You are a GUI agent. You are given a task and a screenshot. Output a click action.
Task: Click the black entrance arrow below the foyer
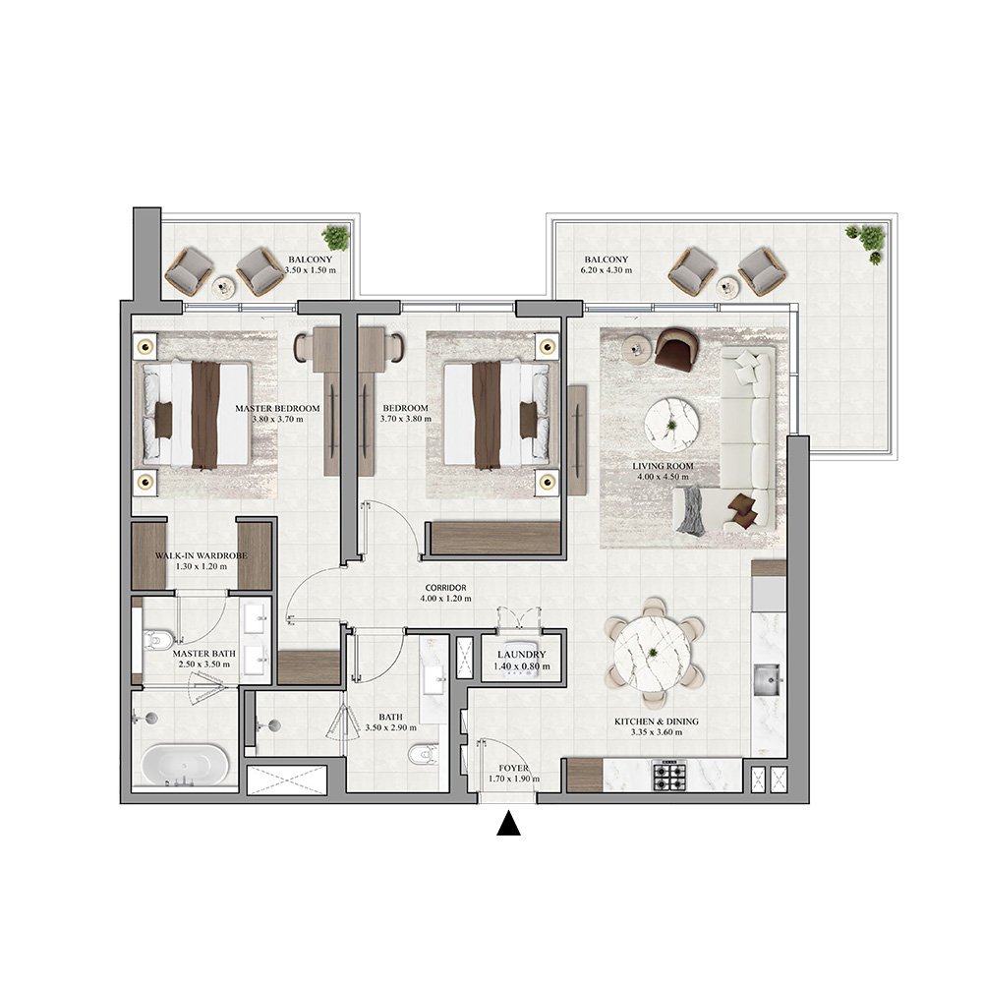(x=508, y=824)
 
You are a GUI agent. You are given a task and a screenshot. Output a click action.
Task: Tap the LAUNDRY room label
(x=514, y=655)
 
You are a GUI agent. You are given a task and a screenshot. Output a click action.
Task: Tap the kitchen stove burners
(x=670, y=776)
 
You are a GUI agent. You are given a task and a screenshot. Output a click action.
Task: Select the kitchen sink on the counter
(x=767, y=676)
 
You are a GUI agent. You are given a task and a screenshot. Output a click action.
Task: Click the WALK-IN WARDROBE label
(x=201, y=555)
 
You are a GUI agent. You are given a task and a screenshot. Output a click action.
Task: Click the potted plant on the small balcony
(x=336, y=237)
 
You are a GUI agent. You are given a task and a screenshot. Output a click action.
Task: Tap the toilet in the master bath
(x=158, y=640)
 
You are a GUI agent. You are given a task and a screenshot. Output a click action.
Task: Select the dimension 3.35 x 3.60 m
(x=656, y=733)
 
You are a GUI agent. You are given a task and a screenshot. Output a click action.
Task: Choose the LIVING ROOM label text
(x=663, y=466)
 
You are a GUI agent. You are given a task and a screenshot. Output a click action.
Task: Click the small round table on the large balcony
(x=727, y=286)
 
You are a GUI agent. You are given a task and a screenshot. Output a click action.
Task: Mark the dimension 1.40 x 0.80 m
(x=514, y=666)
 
